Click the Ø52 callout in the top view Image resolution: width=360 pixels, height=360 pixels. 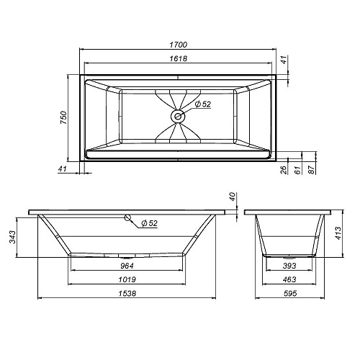tap(202, 104)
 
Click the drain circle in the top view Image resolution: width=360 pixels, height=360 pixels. tap(177, 115)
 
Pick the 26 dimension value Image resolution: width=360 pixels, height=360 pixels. tap(283, 169)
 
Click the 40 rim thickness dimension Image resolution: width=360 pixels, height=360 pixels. tap(233, 197)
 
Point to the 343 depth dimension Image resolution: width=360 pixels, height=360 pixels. tap(12, 236)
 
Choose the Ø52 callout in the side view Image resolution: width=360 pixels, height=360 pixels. tap(149, 224)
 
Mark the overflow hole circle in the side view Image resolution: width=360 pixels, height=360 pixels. tap(127, 217)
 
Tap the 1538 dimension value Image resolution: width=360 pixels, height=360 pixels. tap(127, 293)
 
